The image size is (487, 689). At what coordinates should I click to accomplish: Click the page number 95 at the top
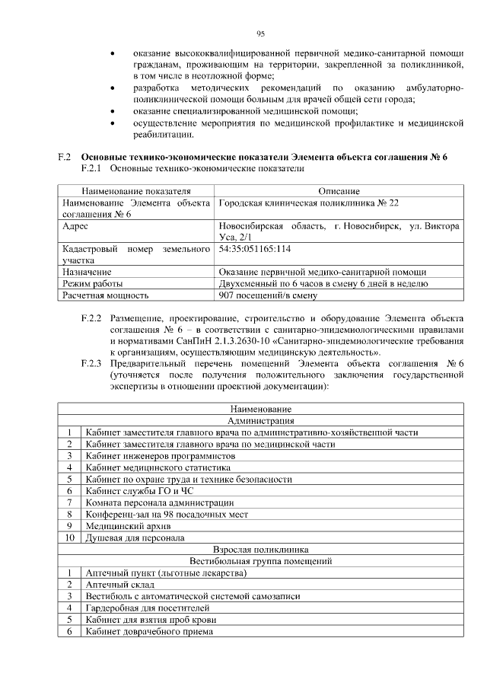click(260, 33)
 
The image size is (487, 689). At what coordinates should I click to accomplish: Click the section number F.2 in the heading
click(65, 157)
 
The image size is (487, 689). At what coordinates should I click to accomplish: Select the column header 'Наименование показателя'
click(137, 190)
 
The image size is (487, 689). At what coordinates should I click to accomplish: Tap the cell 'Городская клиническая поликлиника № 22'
click(308, 203)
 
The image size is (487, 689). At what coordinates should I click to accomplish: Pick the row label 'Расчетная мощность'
click(106, 295)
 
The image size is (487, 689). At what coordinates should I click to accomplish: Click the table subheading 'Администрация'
click(261, 421)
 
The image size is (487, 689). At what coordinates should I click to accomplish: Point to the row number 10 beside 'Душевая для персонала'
click(69, 537)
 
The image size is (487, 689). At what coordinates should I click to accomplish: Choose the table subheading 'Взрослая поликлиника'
click(261, 549)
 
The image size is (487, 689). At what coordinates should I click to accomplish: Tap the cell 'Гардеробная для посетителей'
click(148, 608)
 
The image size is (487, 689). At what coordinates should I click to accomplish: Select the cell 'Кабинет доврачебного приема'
click(149, 631)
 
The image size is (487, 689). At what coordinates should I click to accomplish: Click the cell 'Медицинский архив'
click(129, 525)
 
